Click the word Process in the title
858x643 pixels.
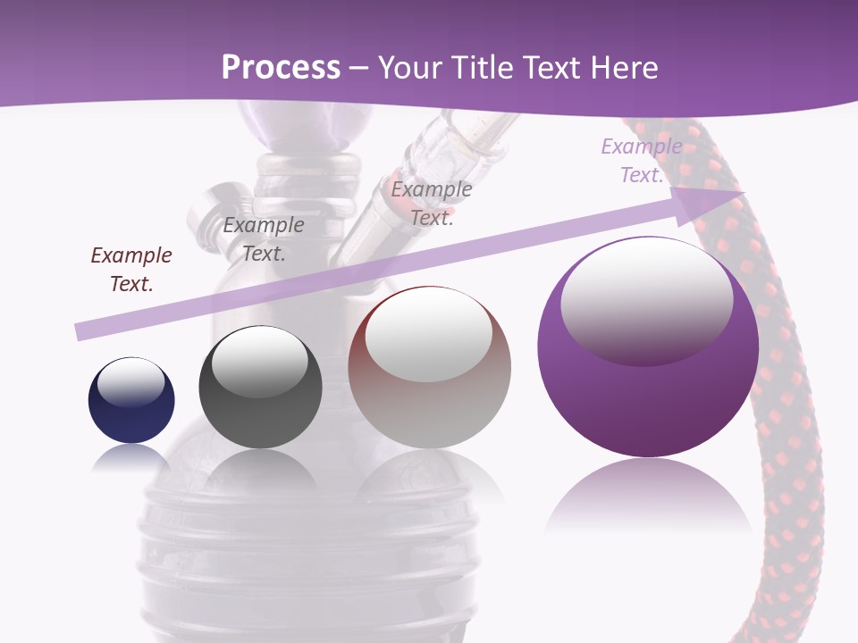281,68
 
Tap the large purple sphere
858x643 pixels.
648,393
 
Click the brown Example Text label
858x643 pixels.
131,269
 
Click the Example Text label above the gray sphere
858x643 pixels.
264,238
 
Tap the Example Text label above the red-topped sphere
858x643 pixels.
432,203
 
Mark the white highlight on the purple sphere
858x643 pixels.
646,295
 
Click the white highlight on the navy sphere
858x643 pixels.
130,381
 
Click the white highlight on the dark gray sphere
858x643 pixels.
259,359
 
